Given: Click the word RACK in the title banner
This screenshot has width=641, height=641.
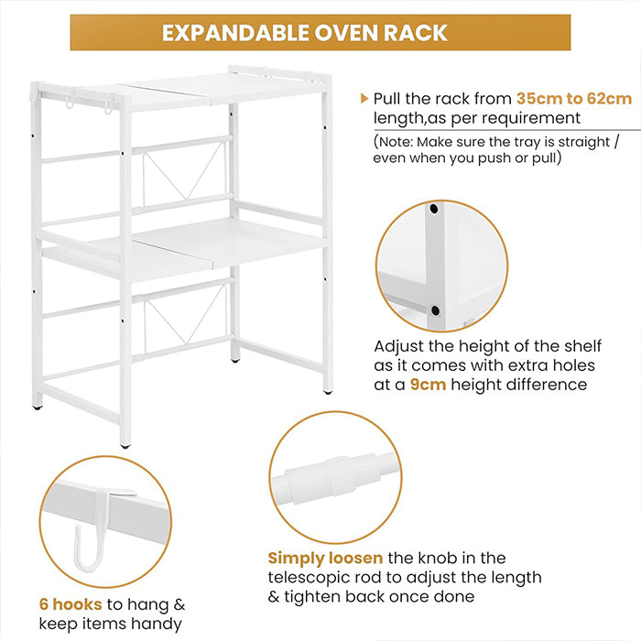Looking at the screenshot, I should pos(416,33).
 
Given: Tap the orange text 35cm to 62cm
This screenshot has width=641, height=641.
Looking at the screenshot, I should pos(573,98).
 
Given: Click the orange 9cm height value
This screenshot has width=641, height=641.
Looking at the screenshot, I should pos(428,385).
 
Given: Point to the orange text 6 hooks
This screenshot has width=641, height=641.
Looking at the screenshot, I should pos(71,604).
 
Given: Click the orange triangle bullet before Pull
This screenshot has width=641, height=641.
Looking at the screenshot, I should pos(365,98).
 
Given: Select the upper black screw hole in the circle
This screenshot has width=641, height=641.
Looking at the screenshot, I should pos(434,210).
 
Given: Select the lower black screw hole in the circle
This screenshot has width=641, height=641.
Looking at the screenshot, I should pos(435,310).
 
